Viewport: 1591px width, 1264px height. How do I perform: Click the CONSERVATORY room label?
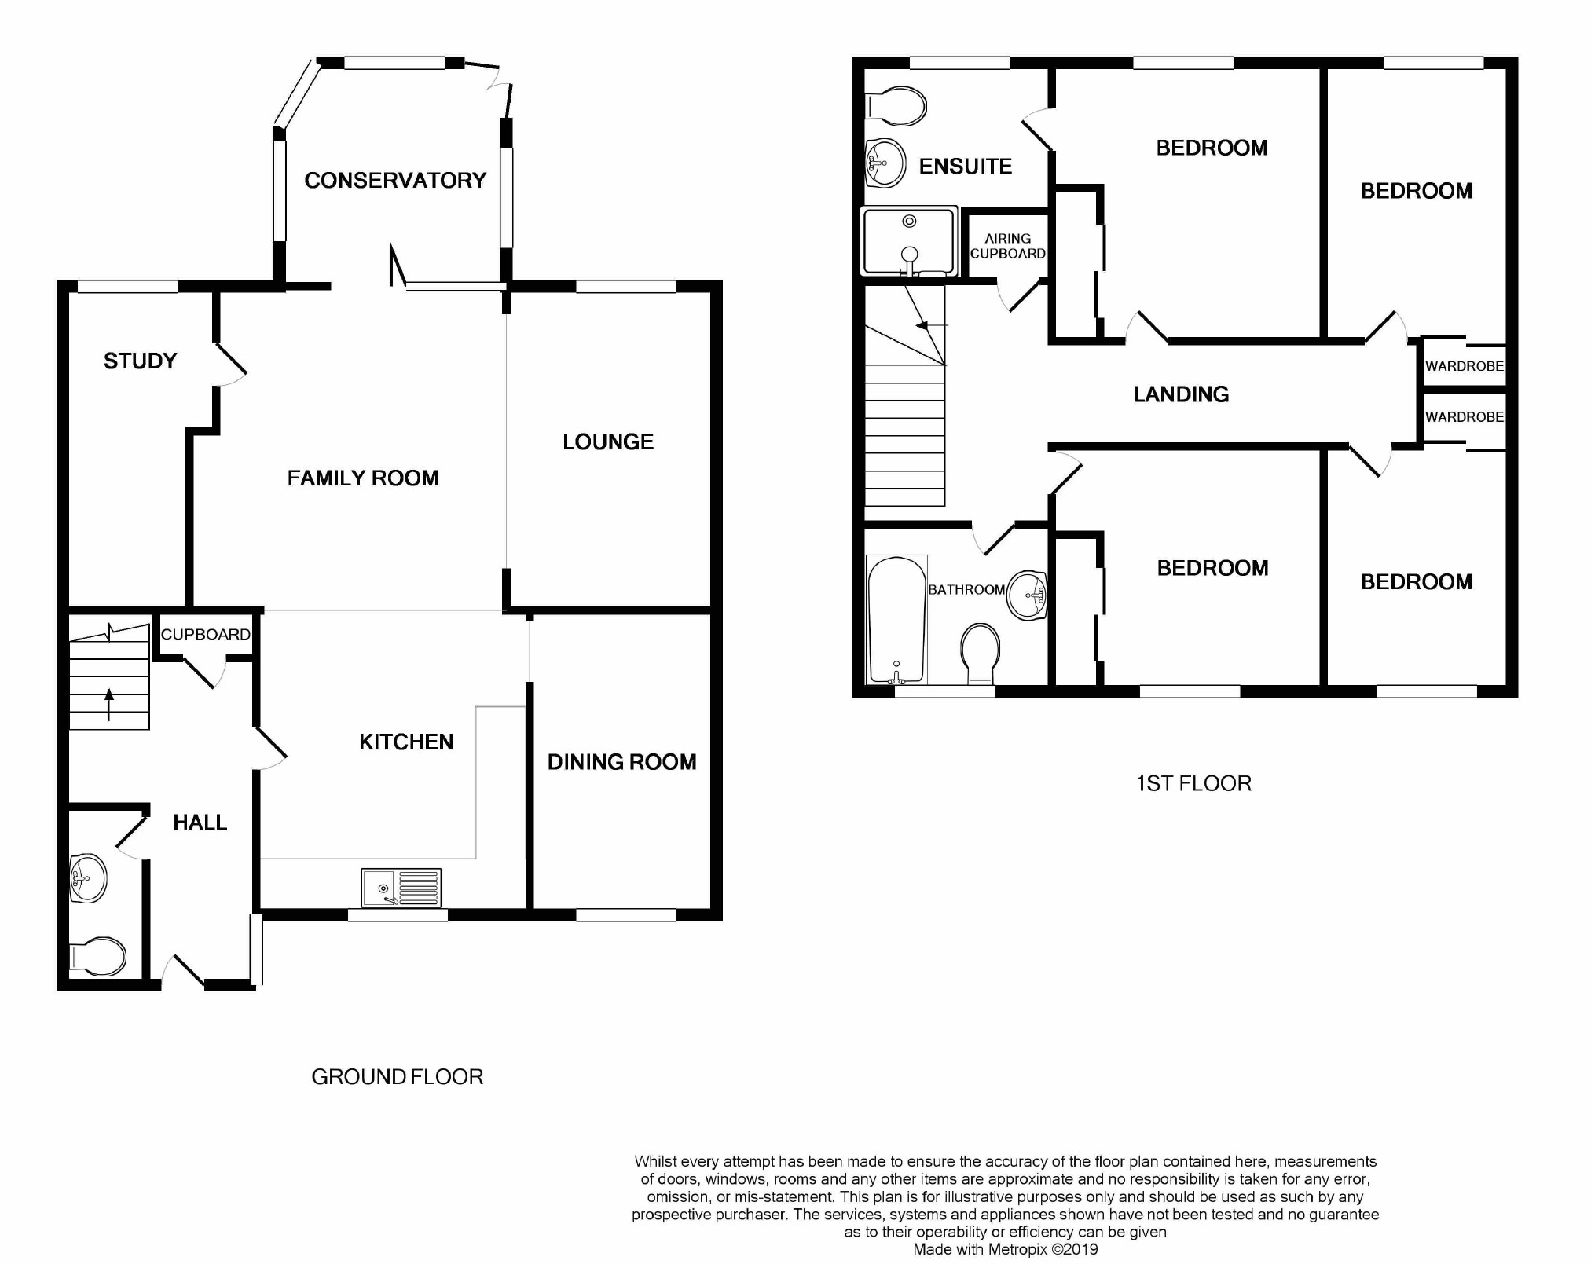coord(395,181)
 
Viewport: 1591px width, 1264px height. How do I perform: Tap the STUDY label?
coord(141,361)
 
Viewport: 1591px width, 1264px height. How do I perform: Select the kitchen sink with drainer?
coord(401,888)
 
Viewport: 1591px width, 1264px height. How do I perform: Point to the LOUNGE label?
coord(608,441)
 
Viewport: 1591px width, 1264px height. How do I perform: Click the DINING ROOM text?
coord(622,762)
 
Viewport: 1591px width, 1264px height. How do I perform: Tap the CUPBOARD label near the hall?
coord(206,635)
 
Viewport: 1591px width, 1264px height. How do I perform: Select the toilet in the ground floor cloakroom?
coord(97,957)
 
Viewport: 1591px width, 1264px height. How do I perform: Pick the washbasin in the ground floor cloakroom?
coord(88,878)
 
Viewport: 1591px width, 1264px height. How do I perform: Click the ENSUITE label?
coord(966,167)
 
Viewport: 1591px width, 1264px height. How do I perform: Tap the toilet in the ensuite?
coord(896,106)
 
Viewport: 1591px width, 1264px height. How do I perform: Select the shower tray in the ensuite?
coord(910,241)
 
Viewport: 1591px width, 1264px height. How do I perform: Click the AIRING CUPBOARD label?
coord(1008,246)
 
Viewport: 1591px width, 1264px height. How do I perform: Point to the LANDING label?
coord(1181,394)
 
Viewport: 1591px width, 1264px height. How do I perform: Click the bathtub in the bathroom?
coord(896,620)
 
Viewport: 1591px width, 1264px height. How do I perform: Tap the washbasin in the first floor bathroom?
coord(1028,595)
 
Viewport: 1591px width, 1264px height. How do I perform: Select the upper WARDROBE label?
coord(1465,366)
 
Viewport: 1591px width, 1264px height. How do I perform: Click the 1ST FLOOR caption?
coord(1193,783)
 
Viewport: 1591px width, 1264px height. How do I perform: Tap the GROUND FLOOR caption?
coord(398,1077)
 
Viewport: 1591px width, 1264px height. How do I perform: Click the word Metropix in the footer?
coord(1019,1249)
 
